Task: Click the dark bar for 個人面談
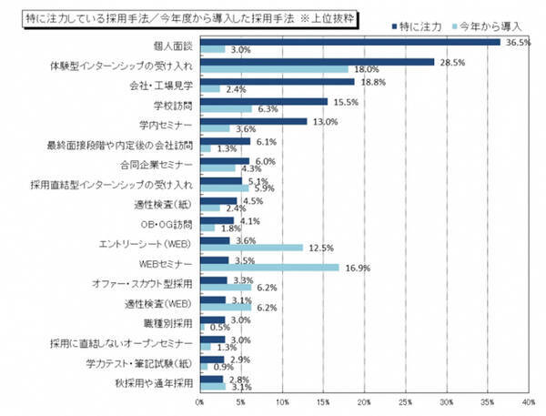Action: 350,42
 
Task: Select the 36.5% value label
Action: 517,42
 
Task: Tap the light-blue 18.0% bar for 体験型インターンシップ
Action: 274,68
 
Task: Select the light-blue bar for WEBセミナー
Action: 269,268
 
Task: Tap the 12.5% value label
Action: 318,248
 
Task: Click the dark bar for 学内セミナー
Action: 254,122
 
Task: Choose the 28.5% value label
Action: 451,62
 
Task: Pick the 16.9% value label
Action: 355,268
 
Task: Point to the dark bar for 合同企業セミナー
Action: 225,162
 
